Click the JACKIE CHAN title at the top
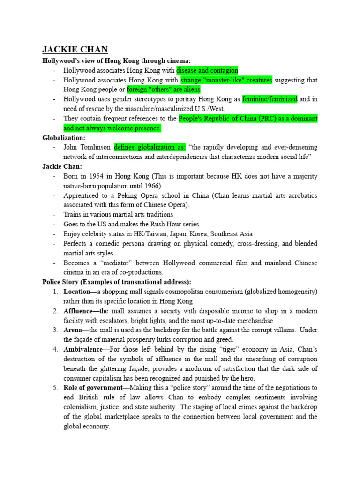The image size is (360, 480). (75, 50)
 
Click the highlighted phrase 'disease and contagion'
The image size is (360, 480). (207, 70)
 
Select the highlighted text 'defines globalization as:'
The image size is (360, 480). (150, 147)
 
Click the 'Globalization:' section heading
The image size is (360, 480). (64, 137)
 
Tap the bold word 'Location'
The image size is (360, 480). (77, 292)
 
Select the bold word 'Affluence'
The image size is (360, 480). (80, 311)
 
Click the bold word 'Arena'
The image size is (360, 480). (74, 330)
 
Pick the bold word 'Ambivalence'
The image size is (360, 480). (84, 349)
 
